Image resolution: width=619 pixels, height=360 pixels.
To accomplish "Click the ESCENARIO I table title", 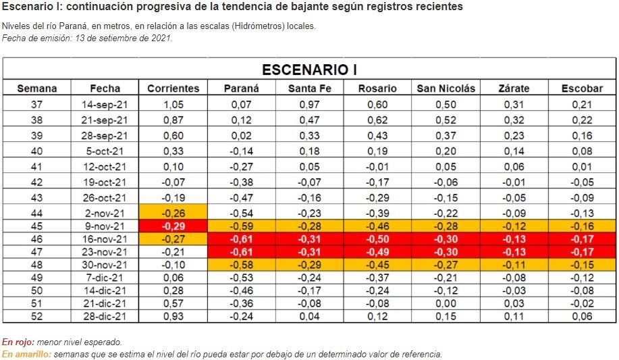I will click(x=309, y=70).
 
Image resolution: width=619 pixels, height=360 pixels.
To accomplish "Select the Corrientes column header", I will click(x=173, y=88).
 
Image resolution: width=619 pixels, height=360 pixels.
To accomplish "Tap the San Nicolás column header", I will click(x=446, y=88).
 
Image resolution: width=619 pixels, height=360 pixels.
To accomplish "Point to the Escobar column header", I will click(x=582, y=88).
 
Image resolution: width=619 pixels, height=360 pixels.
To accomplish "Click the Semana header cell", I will click(x=37, y=88).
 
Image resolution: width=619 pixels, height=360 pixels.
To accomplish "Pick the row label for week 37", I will click(x=37, y=105).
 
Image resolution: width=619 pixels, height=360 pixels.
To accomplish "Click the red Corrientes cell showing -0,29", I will click(x=173, y=226).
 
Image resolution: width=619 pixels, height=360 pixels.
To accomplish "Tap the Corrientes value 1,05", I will click(x=173, y=105).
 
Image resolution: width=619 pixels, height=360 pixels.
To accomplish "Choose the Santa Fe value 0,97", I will click(x=309, y=105).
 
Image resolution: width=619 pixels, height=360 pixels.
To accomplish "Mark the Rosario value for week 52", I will click(x=377, y=316).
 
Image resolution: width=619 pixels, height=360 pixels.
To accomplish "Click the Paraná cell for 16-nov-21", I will click(x=241, y=240).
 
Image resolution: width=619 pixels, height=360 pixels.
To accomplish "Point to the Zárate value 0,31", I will click(x=514, y=105).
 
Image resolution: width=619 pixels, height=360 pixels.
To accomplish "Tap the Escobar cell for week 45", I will click(x=582, y=226).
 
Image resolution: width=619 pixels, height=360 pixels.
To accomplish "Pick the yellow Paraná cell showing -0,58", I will click(x=241, y=265).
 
